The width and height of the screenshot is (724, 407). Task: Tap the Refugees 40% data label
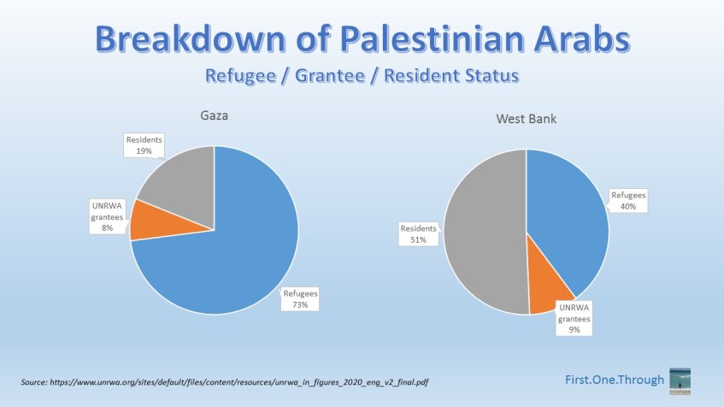click(x=628, y=200)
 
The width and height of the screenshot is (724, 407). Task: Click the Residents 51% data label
click(x=418, y=234)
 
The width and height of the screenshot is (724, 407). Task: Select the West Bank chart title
click(x=526, y=119)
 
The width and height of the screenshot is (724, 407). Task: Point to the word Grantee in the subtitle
click(x=330, y=76)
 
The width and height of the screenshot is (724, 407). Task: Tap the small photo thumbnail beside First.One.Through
click(x=680, y=379)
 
